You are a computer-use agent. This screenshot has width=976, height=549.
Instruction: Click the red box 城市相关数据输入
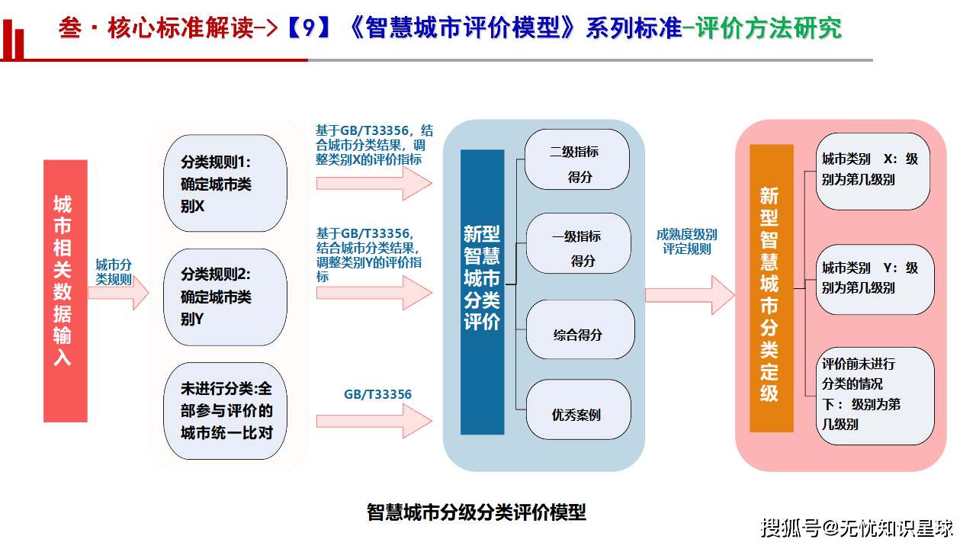click(66, 291)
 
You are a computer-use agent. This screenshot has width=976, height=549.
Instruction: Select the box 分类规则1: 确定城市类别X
click(225, 184)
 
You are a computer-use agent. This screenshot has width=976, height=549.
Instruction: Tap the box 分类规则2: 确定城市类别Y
click(225, 297)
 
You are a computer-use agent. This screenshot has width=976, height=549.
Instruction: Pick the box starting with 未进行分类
click(225, 411)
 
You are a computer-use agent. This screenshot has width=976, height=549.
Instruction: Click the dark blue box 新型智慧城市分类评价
click(482, 278)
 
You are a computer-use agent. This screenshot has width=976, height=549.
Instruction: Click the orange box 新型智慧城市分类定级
click(771, 288)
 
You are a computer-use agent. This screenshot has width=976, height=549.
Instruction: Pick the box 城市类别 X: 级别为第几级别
click(872, 171)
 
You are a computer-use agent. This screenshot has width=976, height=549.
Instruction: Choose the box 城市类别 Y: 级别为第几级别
click(874, 279)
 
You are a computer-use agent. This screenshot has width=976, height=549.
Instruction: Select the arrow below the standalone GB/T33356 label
click(374, 421)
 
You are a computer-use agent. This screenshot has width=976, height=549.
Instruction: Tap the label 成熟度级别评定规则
click(689, 242)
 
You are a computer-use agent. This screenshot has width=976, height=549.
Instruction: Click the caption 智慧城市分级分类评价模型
click(477, 512)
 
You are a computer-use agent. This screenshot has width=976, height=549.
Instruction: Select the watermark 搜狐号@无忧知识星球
click(858, 527)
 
